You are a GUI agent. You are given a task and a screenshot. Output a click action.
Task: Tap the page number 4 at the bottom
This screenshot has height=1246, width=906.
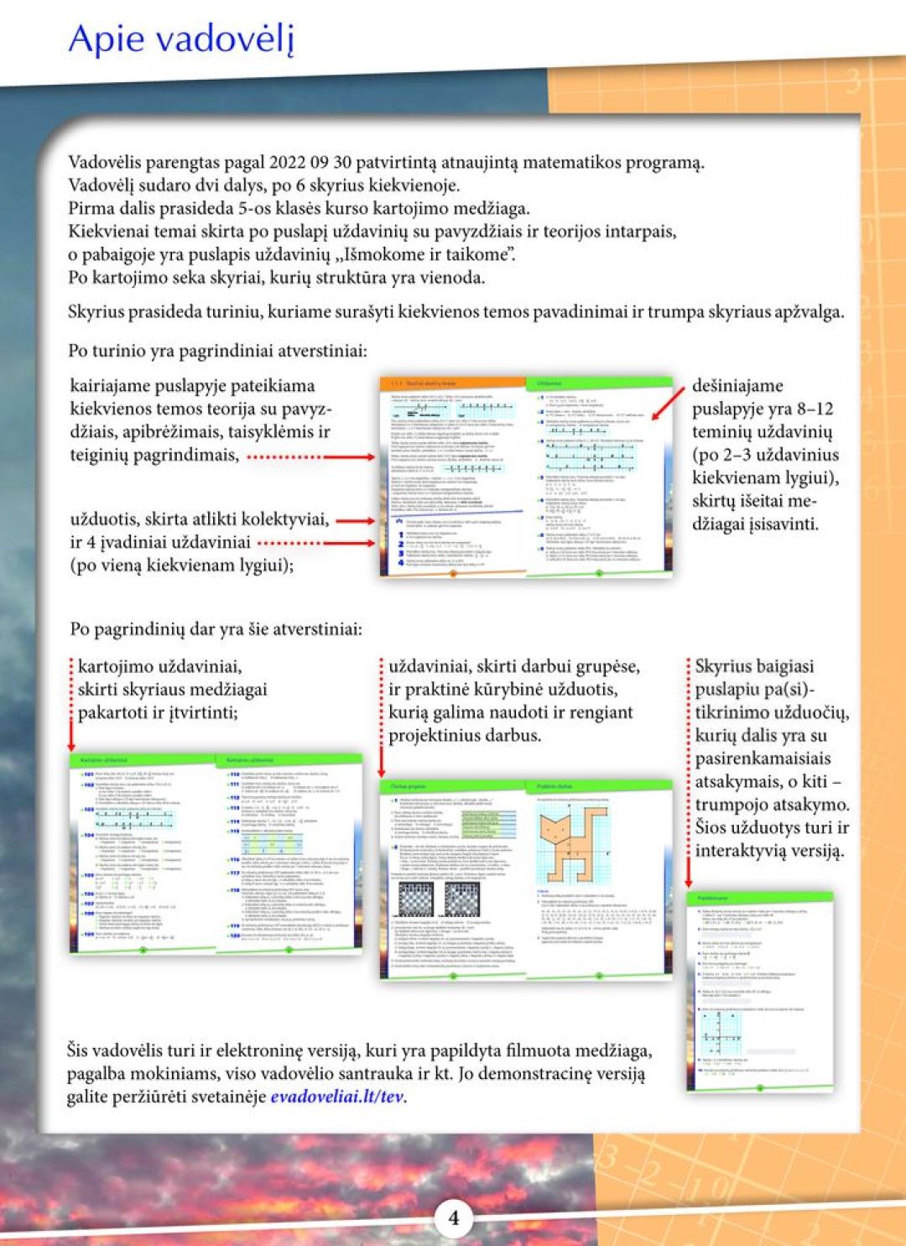click(x=454, y=1217)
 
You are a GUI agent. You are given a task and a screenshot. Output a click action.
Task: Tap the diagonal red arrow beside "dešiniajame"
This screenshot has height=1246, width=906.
click(x=669, y=403)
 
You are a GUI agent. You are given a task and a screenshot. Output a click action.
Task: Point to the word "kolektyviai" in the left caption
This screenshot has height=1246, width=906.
click(x=284, y=519)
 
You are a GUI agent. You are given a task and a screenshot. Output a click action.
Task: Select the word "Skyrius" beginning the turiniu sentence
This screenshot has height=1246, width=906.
click(x=96, y=311)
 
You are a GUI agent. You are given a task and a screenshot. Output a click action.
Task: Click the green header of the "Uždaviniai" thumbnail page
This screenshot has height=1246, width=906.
click(x=599, y=383)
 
